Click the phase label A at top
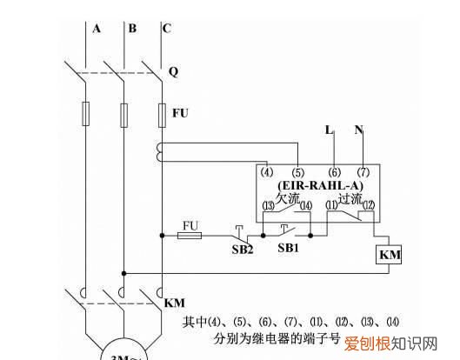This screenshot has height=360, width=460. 97,29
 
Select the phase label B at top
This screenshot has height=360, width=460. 132,29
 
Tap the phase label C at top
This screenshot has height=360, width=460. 166,29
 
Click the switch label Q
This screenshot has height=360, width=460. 173,72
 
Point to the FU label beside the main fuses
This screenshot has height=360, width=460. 180,114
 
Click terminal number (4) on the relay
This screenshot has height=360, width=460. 268,173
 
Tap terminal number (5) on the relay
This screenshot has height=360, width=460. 297,173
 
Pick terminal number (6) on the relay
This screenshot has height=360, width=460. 335,173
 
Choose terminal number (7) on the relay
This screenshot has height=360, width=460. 363,173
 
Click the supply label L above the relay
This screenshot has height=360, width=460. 329,130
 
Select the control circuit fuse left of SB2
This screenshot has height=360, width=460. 190,235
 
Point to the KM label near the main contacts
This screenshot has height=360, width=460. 175,303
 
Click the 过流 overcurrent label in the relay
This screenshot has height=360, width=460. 349,198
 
